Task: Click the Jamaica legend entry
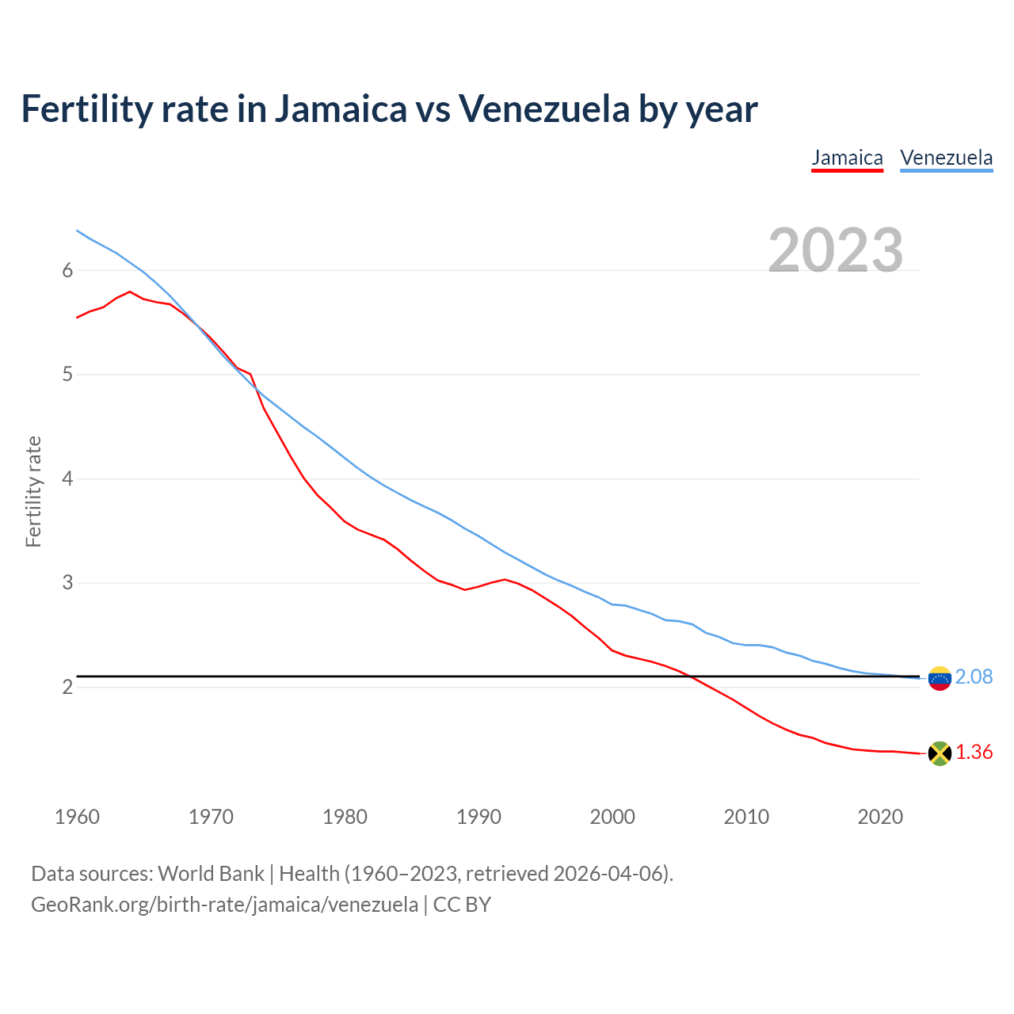click(x=847, y=158)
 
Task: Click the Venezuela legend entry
click(x=946, y=158)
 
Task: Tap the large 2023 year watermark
click(x=836, y=250)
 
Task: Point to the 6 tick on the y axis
click(x=67, y=271)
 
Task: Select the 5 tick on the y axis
click(x=67, y=375)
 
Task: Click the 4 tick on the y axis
click(x=67, y=479)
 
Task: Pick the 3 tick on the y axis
click(x=67, y=583)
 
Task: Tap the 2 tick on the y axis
click(x=67, y=688)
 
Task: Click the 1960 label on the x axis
click(x=77, y=817)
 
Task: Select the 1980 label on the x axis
click(x=345, y=817)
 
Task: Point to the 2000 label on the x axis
click(x=612, y=817)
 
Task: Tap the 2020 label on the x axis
click(x=880, y=817)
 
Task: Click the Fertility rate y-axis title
click(x=33, y=491)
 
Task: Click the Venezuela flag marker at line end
click(x=940, y=678)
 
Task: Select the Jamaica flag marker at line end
click(x=940, y=753)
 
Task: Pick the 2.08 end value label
click(x=974, y=677)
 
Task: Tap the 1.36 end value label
click(x=974, y=753)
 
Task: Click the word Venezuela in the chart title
click(x=544, y=109)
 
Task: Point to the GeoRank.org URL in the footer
click(x=224, y=905)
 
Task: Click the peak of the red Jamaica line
click(x=130, y=292)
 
